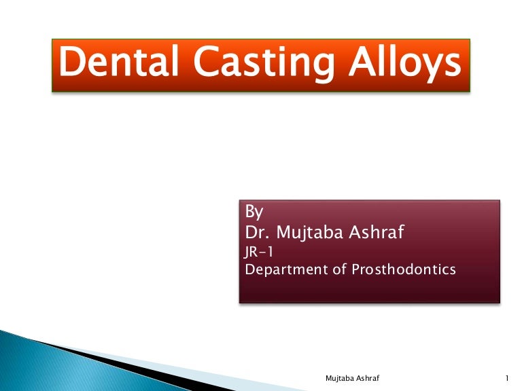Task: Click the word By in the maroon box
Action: tap(254, 211)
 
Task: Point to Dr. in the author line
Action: tap(257, 233)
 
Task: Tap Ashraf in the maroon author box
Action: tap(379, 233)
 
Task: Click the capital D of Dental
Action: tap(71, 64)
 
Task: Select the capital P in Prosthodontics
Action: tap(356, 269)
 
